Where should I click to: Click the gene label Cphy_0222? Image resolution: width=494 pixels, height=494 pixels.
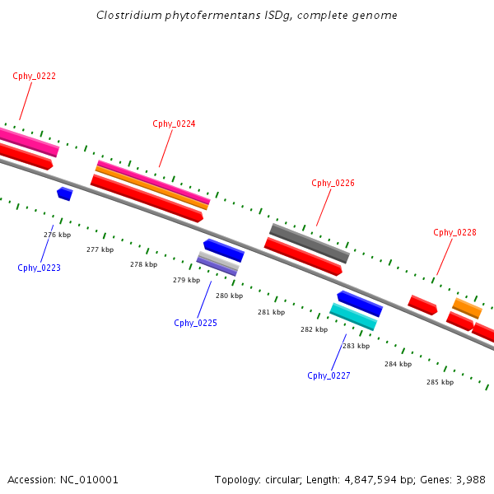click(x=35, y=76)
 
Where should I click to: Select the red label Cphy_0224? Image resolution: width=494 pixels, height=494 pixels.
click(x=174, y=123)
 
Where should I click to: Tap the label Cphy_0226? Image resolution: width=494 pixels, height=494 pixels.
click(x=333, y=183)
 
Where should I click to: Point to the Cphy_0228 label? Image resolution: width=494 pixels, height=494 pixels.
click(x=454, y=232)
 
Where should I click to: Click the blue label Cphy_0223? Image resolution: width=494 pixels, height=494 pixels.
click(x=39, y=268)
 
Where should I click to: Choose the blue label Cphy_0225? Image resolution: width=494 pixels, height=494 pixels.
click(x=195, y=323)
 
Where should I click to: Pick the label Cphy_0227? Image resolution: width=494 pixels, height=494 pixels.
click(x=329, y=375)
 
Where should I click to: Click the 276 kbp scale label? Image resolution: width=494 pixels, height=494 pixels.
click(x=57, y=235)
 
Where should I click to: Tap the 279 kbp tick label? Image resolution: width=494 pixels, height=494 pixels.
click(x=186, y=280)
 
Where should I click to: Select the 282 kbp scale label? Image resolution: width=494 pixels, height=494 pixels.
click(x=314, y=329)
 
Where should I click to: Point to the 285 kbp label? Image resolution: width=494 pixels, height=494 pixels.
click(x=440, y=382)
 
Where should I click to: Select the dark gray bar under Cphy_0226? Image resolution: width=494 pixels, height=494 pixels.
click(x=310, y=243)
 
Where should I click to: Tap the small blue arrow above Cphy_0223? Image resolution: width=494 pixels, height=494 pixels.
click(x=64, y=193)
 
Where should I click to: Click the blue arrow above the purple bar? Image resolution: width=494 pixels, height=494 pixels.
click(x=224, y=249)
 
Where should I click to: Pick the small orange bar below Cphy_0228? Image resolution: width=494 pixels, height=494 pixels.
click(x=467, y=308)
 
